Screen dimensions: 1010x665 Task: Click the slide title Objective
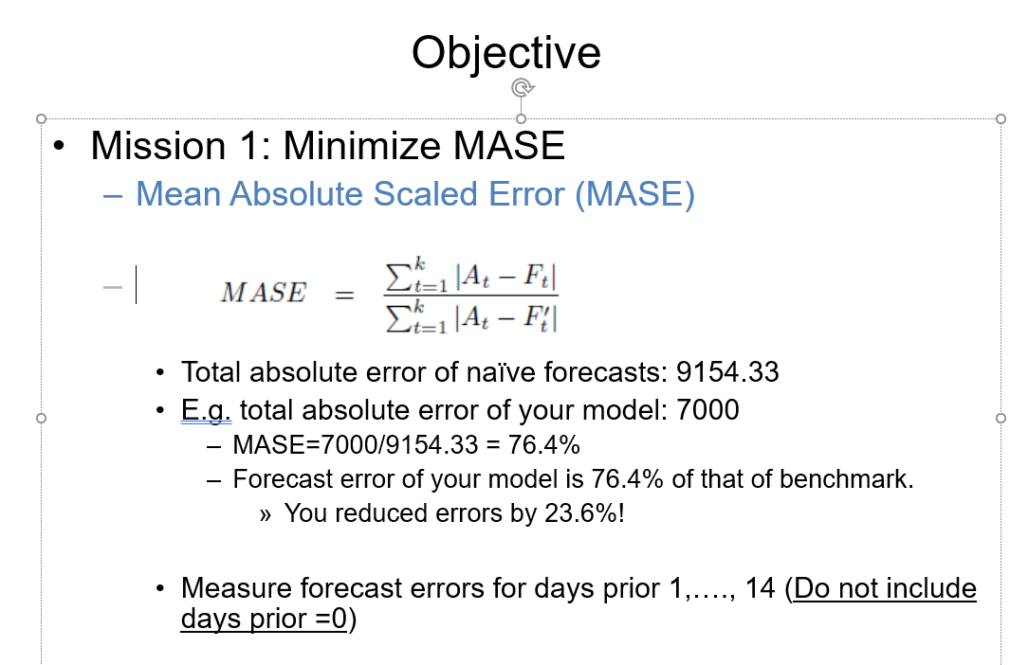pos(506,53)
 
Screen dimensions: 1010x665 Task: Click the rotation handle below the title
pos(523,87)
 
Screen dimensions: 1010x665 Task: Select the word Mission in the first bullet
pos(158,145)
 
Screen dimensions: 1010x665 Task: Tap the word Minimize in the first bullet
pos(361,145)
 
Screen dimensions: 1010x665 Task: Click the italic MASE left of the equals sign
pos(264,293)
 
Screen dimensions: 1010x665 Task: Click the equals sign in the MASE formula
pos(344,295)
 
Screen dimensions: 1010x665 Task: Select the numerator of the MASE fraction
pos(471,276)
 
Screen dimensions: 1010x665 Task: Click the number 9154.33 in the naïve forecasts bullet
pos(727,372)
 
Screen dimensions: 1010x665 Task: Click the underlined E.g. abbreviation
pos(206,410)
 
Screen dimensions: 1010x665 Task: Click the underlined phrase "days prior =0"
pos(264,619)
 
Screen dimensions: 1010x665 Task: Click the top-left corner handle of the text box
pos(41,119)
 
